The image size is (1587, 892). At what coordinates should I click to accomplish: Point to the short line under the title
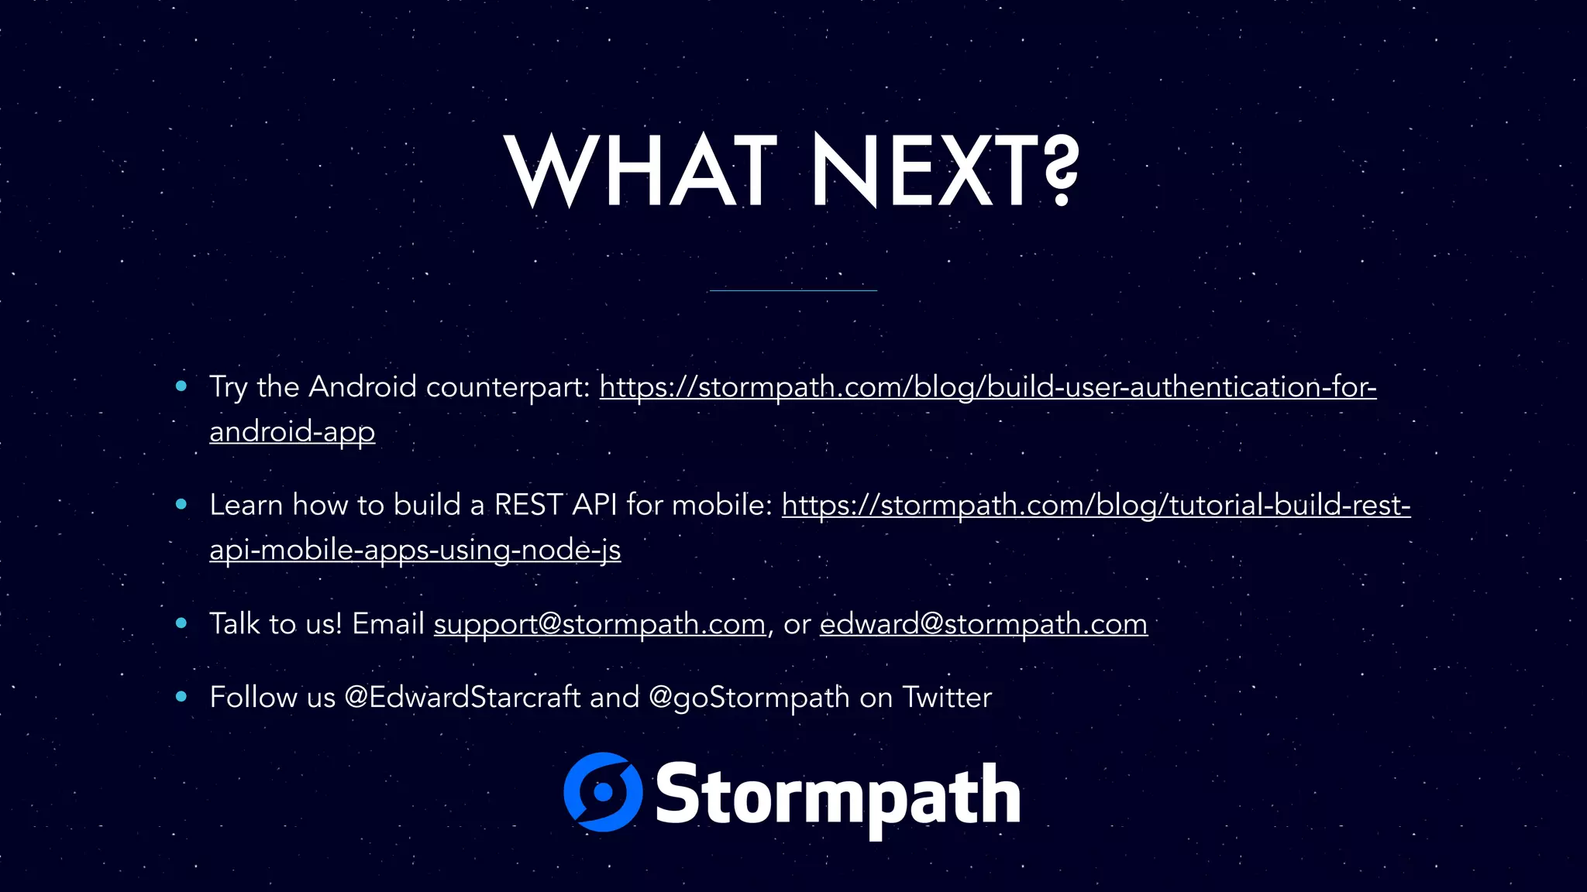793,290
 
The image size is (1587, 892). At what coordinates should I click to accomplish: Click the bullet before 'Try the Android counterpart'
181,386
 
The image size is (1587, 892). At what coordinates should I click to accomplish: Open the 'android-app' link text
292,431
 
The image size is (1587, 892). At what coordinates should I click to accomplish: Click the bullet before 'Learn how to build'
181,504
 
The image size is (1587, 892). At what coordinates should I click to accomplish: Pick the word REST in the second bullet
528,505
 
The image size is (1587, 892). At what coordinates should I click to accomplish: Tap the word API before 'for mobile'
594,505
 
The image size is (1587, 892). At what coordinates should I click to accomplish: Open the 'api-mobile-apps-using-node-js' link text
415,550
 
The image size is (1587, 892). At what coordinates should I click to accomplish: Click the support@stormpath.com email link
599,624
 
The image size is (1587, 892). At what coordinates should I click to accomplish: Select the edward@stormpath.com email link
983,624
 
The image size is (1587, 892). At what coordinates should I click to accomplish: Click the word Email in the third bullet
388,623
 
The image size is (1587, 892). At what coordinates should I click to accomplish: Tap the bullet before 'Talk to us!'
181,623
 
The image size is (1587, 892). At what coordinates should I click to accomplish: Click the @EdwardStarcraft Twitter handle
462,698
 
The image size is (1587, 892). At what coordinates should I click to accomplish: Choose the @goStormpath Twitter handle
749,698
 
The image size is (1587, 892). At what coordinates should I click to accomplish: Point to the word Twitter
947,698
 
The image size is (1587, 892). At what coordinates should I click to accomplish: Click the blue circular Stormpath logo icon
603,792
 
